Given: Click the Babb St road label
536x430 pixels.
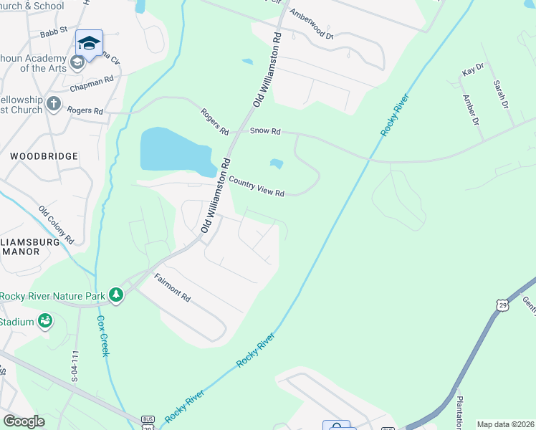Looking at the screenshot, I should pyautogui.click(x=54, y=32).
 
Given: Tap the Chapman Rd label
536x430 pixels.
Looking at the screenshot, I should pyautogui.click(x=92, y=83).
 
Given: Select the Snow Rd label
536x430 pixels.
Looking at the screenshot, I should pyautogui.click(x=265, y=132).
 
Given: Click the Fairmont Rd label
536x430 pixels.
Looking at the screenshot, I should pyautogui.click(x=172, y=287).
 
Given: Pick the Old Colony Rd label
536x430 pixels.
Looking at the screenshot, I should pyautogui.click(x=57, y=224).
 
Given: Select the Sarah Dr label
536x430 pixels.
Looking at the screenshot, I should pyautogui.click(x=499, y=94).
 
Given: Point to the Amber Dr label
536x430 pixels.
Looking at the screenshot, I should pyautogui.click(x=471, y=110).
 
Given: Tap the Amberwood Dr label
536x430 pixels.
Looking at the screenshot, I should pyautogui.click(x=311, y=24).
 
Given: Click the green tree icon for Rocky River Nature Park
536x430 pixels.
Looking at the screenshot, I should pyautogui.click(x=115, y=295).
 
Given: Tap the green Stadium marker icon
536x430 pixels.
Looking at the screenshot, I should pyautogui.click(x=45, y=321).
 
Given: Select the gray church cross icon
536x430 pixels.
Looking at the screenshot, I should pyautogui.click(x=53, y=105).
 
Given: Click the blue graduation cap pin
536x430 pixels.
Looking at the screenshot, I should pyautogui.click(x=89, y=44).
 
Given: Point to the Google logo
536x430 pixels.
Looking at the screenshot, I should pyautogui.click(x=24, y=421).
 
